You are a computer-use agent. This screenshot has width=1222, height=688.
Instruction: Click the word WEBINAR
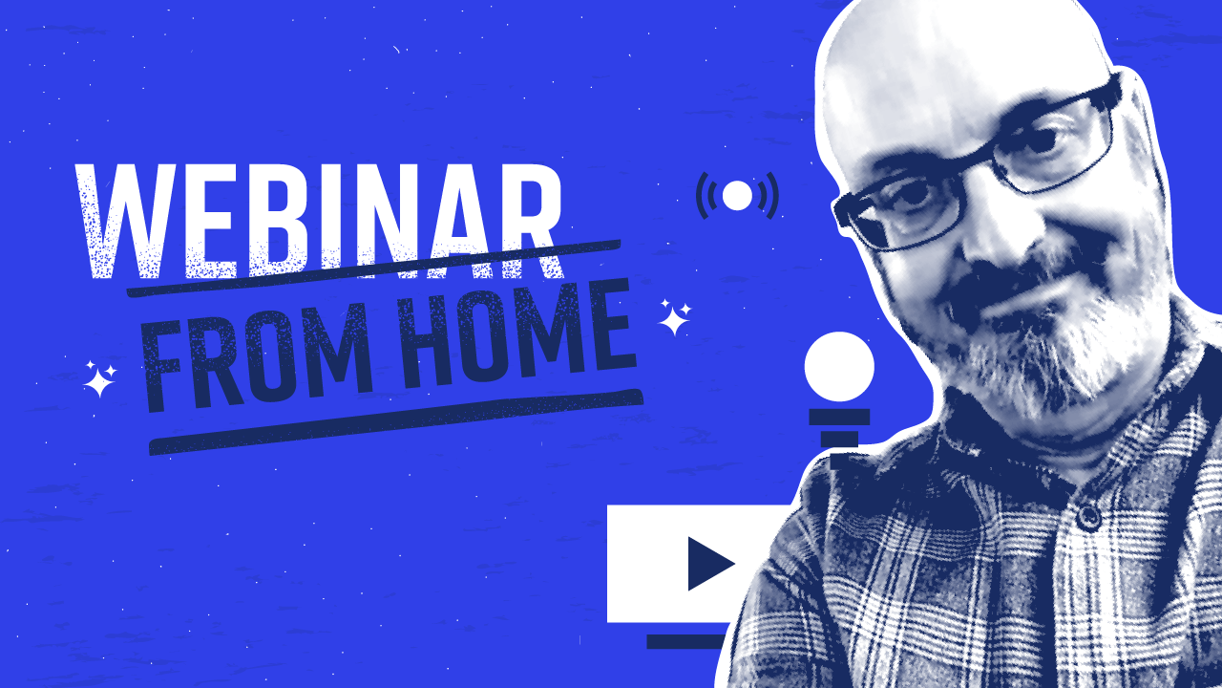click(319, 221)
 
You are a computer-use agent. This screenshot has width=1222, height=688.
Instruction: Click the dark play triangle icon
click(711, 564)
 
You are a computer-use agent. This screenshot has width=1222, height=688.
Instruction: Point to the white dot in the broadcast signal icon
click(737, 196)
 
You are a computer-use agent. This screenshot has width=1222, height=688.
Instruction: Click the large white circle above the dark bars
click(839, 366)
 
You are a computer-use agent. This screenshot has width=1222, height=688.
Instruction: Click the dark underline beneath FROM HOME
click(396, 422)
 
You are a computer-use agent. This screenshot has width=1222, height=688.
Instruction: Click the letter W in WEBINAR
click(121, 221)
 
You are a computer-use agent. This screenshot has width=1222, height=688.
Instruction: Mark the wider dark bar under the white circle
click(839, 418)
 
